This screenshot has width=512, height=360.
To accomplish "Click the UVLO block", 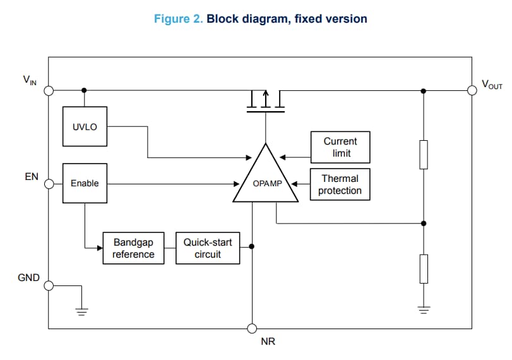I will (85, 127).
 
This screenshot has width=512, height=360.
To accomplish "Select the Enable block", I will (85, 183).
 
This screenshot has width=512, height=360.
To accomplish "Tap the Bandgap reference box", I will (133, 248).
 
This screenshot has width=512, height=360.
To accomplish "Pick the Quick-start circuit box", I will (208, 248).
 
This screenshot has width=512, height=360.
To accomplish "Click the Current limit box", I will (340, 147).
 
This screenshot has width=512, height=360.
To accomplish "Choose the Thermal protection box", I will (340, 184).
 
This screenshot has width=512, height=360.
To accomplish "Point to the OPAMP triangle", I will (265, 179).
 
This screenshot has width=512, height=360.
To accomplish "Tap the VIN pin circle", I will (49, 90).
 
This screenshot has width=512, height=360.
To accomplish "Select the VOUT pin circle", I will (471, 90).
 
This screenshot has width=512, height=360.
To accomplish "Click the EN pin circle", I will (49, 183).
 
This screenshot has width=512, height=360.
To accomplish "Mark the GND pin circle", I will (49, 285).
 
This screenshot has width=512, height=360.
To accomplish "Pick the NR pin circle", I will (252, 328).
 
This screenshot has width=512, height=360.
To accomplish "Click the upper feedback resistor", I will (424, 155).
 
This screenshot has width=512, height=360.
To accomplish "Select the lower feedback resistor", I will (424, 268).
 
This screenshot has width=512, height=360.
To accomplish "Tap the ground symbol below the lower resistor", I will (424, 309).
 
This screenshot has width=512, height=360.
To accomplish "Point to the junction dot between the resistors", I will (424, 223).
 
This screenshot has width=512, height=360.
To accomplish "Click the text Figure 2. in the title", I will (179, 19).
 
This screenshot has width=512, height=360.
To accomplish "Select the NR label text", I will (268, 342).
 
